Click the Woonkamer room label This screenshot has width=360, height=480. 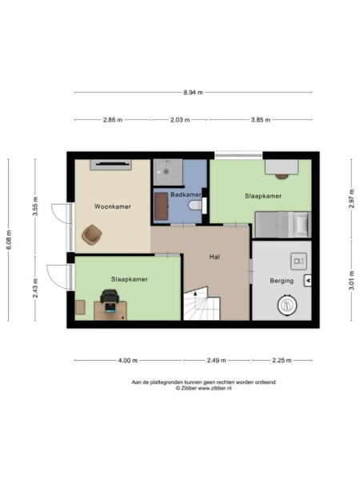pos(112,206)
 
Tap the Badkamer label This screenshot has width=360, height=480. pos(179,183)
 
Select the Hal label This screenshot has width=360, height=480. pos(214,257)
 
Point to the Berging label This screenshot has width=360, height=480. pos(281,281)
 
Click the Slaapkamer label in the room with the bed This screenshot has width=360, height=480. pos(262,196)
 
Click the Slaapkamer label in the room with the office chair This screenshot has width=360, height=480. pos(128,279)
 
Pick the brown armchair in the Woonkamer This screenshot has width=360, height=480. pos(92,234)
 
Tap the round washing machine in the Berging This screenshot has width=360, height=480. pos(287,305)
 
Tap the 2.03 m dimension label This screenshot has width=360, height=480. pos(180,120)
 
